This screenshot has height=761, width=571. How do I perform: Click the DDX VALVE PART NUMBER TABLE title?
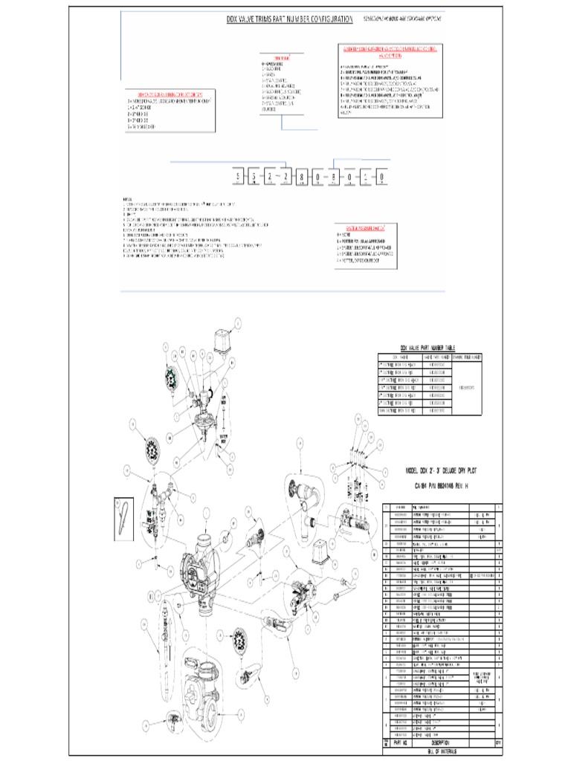[428, 347]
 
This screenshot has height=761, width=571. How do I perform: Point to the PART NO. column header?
[399, 742]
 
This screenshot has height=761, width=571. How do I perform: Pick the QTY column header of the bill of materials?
[497, 742]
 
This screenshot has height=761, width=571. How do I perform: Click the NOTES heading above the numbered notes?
[128, 199]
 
